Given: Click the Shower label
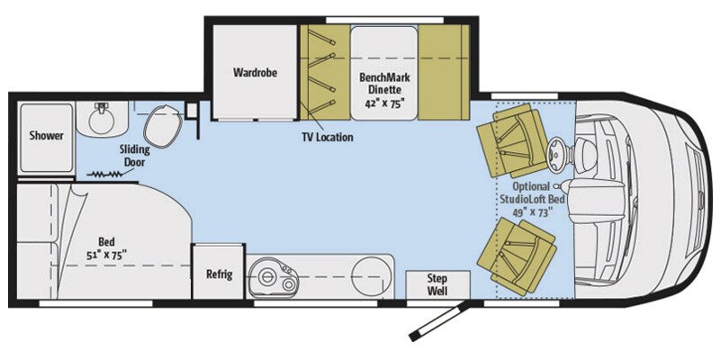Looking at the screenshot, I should pyautogui.click(x=45, y=136).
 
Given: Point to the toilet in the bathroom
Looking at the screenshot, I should pyautogui.click(x=161, y=126).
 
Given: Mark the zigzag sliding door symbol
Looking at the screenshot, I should pyautogui.click(x=105, y=174).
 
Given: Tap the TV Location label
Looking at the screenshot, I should pyautogui.click(x=327, y=138).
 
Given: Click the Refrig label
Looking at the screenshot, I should pyautogui.click(x=219, y=274).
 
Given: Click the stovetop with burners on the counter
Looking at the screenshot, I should pyautogui.click(x=274, y=276).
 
